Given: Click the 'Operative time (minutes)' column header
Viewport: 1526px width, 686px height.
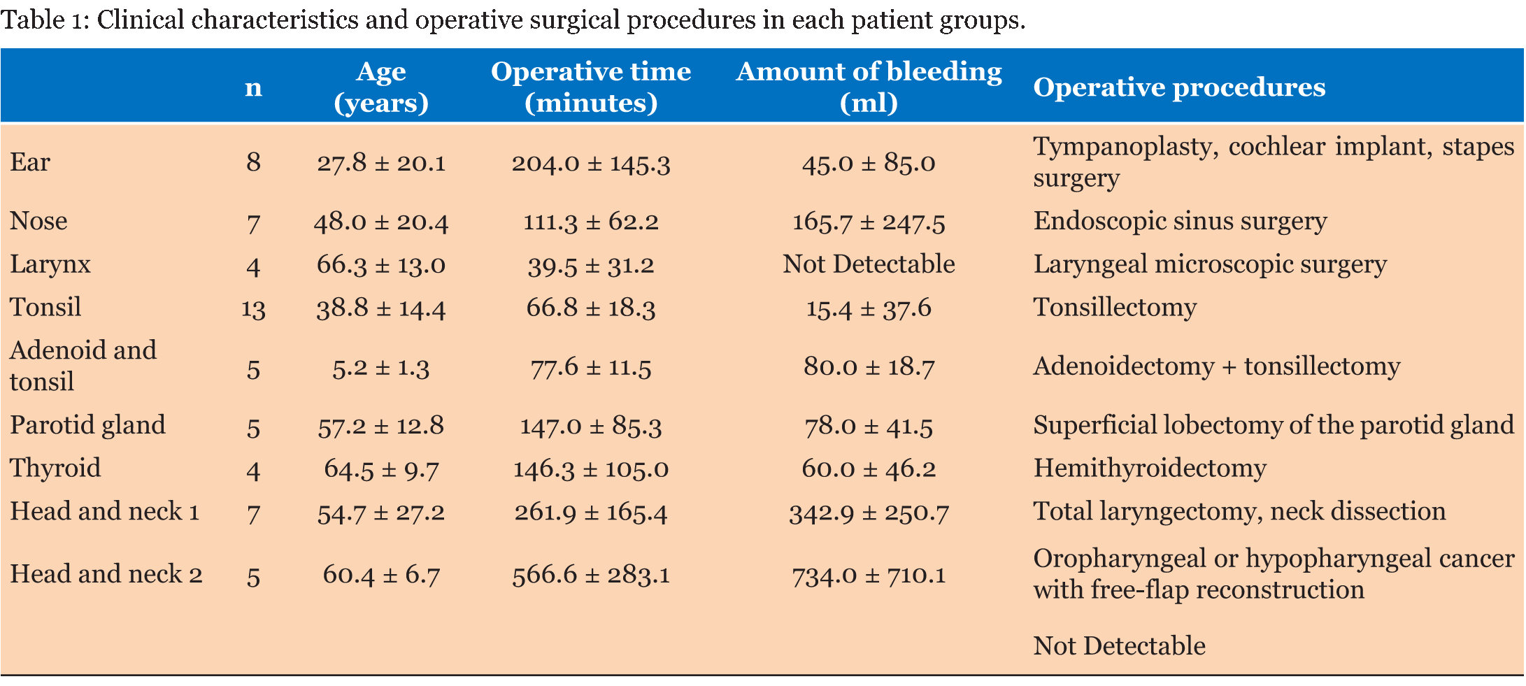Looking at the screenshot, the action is [591, 87].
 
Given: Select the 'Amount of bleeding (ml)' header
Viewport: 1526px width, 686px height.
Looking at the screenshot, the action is [869, 87].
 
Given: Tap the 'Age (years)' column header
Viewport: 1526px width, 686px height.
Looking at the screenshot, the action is [381, 87].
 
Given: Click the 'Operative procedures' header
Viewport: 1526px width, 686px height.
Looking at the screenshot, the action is [1179, 87].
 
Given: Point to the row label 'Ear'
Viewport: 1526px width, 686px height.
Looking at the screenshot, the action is [30, 162].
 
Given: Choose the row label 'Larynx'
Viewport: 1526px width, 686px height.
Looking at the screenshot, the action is [50, 265].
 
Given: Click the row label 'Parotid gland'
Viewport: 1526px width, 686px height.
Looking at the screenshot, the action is [87, 425].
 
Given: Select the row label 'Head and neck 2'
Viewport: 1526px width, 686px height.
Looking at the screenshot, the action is [106, 574].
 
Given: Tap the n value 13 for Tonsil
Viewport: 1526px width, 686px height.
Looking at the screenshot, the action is [253, 308].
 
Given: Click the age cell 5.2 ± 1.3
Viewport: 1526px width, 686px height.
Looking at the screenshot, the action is [381, 367].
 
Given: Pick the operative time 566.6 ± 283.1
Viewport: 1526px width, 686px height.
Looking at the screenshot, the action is [591, 575].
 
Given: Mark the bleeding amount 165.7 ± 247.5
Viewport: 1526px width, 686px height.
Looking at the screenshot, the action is [869, 222].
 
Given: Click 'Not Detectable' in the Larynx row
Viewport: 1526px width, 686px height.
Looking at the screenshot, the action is [869, 264].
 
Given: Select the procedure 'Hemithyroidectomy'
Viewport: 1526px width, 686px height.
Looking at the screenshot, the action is [1150, 468].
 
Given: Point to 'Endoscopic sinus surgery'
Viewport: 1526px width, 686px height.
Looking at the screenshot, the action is [1181, 222].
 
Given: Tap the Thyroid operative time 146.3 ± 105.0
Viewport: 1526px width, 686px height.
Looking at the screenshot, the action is [591, 469].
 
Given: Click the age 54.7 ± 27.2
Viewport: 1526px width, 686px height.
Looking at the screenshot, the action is [381, 513].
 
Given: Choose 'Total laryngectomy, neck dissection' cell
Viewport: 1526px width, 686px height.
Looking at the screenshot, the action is [1240, 512].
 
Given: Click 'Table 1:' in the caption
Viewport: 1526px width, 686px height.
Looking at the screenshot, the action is [43, 20].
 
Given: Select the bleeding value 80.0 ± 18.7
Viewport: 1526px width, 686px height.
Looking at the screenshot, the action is [869, 366].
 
